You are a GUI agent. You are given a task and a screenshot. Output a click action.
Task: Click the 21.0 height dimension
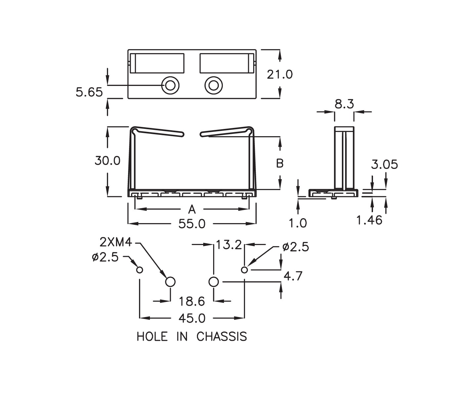coord(280,74)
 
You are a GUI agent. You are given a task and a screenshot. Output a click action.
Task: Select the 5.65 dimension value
coord(89,92)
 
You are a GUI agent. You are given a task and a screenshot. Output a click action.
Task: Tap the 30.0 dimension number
coord(108,161)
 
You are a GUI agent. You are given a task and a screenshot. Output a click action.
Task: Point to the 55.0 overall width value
coord(192,224)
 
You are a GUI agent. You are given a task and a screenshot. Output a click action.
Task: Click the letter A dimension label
coord(192,209)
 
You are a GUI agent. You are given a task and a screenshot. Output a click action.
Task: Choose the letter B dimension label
coord(280,163)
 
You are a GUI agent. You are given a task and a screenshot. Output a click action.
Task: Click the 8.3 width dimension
coord(344,104)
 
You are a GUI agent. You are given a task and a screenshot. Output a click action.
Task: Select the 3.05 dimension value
coord(384,164)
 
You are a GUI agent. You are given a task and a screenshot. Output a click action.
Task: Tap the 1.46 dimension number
coord(369,220)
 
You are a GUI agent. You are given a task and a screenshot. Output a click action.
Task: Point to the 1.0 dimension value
coord(298,223)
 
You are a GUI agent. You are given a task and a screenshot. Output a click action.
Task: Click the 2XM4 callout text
coord(116,243)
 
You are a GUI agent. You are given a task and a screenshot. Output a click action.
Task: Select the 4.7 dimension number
coord(293,276)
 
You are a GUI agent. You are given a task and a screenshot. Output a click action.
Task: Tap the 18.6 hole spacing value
coord(192,301)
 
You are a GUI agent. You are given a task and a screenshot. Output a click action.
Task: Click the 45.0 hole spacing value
coord(192,318)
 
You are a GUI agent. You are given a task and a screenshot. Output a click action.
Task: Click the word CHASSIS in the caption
coord(222,336)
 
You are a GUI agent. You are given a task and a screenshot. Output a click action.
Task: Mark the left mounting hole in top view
coord(170,86)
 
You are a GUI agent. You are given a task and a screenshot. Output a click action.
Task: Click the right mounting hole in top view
coord(213,86)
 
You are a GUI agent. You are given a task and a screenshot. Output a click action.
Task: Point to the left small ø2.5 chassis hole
coord(140,270)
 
